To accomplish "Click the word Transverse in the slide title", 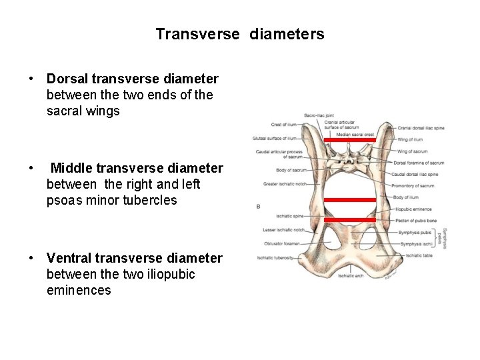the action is pyautogui.click(x=197, y=34).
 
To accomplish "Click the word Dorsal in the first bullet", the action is pyautogui.click(x=67, y=79).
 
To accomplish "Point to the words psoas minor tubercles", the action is pyautogui.click(x=112, y=200).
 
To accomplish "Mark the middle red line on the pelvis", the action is pyautogui.click(x=350, y=199).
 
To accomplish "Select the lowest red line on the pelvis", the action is pyautogui.click(x=350, y=219).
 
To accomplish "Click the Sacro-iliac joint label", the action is pyautogui.click(x=318, y=116).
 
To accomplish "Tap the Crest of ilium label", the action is pyautogui.click(x=283, y=125).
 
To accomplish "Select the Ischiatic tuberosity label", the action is pyautogui.click(x=275, y=258).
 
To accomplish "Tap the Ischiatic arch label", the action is pyautogui.click(x=350, y=276).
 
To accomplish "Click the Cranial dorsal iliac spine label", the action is pyautogui.click(x=421, y=128).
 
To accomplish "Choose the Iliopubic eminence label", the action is pyautogui.click(x=413, y=209).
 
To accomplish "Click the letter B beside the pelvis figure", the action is pyautogui.click(x=259, y=207).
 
